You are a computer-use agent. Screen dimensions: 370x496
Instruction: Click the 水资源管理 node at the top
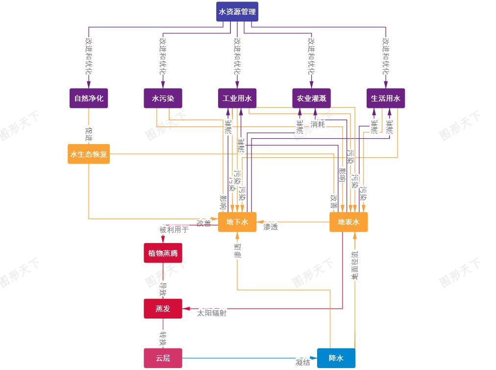tap(237, 12)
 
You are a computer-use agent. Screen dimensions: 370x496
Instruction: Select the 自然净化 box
tap(89, 98)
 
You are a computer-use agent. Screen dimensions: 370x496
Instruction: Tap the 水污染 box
tap(163, 98)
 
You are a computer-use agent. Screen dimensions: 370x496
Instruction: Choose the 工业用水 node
tap(237, 98)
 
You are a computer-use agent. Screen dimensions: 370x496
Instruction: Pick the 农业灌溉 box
tap(311, 98)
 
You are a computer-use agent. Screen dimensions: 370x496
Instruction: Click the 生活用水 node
tap(386, 98)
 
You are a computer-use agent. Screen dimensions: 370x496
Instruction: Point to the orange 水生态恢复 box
tap(89, 154)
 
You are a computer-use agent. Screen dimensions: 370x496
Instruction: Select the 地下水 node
tap(237, 222)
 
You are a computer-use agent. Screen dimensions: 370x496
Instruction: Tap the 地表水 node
tap(348, 222)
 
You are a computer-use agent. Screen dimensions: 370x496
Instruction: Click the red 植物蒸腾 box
tap(163, 253)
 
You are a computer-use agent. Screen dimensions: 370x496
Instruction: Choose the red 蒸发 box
tap(163, 309)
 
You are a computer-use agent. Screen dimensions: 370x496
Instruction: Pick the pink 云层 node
tap(163, 358)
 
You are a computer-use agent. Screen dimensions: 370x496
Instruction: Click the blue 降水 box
tap(336, 358)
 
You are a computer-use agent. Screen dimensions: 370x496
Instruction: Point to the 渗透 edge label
tap(271, 227)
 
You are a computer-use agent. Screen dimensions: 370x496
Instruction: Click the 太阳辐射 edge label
tap(212, 313)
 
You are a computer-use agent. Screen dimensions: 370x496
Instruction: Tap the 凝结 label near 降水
tap(303, 363)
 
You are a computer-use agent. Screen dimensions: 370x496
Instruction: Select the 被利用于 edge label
tap(174, 229)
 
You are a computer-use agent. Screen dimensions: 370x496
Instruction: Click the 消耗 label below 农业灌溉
tap(318, 124)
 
